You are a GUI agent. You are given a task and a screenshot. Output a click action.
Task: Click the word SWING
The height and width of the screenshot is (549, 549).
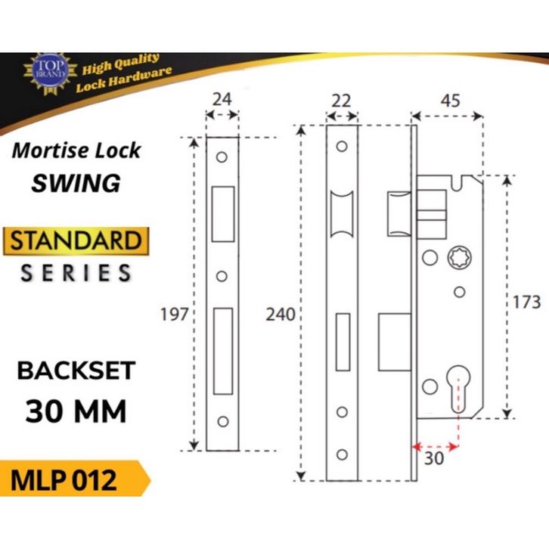click(x=76, y=182)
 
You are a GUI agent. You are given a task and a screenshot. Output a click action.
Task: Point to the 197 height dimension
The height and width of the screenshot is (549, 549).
click(x=175, y=315)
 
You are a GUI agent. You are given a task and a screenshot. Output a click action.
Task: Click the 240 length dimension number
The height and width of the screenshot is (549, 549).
click(x=280, y=315)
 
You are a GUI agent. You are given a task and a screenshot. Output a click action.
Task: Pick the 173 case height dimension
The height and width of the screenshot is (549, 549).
click(x=526, y=302)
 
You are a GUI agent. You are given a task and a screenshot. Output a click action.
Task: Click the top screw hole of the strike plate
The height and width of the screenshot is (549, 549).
click(x=222, y=159)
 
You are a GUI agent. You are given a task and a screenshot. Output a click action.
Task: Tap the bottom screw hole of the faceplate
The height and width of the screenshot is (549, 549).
click(x=342, y=454)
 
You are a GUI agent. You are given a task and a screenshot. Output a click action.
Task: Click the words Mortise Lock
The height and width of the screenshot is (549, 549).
click(x=76, y=150)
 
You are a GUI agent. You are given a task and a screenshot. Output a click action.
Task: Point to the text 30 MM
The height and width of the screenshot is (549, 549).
click(x=76, y=411)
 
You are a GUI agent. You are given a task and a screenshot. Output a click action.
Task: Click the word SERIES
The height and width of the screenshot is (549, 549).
click(x=76, y=273)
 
